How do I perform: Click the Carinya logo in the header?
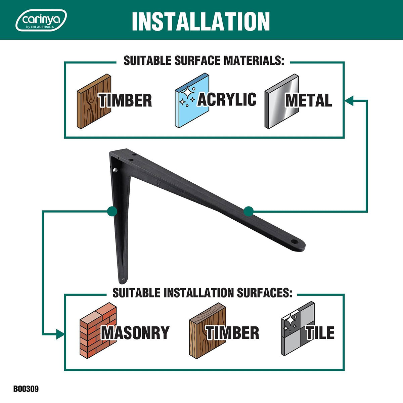(41, 20)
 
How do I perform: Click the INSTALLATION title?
(201, 21)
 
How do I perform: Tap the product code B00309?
(26, 389)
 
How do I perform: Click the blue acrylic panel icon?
(192, 100)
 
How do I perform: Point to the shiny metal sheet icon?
(281, 101)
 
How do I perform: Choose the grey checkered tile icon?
(298, 328)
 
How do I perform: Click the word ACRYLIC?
(227, 99)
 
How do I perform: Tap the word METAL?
(309, 100)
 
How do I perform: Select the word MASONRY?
(135, 332)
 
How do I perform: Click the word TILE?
(320, 332)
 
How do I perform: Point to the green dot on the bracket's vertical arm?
(112, 211)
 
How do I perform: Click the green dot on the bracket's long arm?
(249, 211)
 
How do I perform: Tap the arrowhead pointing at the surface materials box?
(349, 101)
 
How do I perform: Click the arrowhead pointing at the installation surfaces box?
(60, 334)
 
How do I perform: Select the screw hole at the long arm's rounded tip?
(295, 241)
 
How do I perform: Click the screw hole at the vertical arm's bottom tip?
(123, 280)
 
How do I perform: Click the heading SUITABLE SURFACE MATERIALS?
(204, 61)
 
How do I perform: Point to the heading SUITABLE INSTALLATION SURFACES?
(202, 293)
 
